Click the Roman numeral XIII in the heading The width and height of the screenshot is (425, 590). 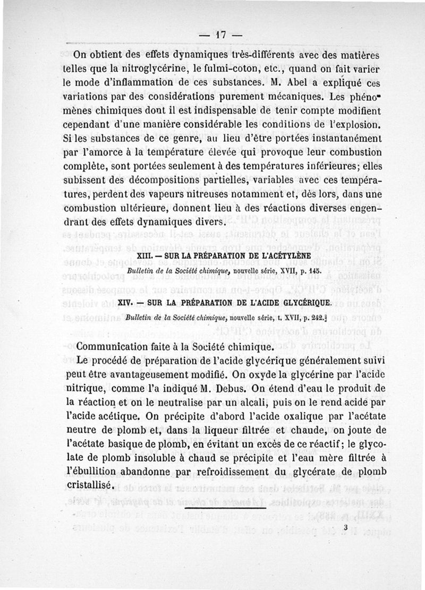coord(145,256)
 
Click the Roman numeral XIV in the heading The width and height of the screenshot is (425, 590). coord(124,304)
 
